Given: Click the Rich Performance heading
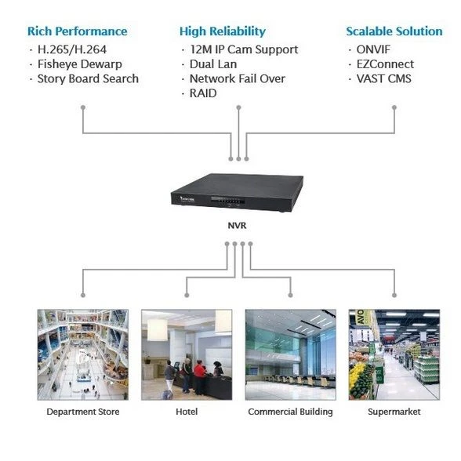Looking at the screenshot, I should pyautogui.click(x=77, y=31).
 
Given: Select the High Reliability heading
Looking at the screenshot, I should pyautogui.click(x=222, y=31).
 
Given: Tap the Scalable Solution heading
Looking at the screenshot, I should pyautogui.click(x=394, y=31).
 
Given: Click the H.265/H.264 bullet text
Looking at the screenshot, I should pyautogui.click(x=74, y=49).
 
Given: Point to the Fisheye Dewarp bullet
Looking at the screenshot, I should pyautogui.click(x=81, y=64).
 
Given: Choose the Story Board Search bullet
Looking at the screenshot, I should pyautogui.click(x=88, y=78).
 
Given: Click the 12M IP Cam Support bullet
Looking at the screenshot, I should pyautogui.click(x=243, y=49).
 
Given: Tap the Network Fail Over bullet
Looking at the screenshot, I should pyautogui.click(x=237, y=78).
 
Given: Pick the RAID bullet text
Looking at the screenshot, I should pyautogui.click(x=203, y=93).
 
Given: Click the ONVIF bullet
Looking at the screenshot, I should pyautogui.click(x=373, y=49).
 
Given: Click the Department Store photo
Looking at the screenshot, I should pyautogui.click(x=82, y=354).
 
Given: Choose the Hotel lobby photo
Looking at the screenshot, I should pyautogui.click(x=186, y=354).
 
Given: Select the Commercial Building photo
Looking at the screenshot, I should pyautogui.click(x=290, y=354).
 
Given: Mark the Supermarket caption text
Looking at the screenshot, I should pyautogui.click(x=394, y=412).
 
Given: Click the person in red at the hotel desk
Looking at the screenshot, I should pyautogui.click(x=199, y=371).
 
